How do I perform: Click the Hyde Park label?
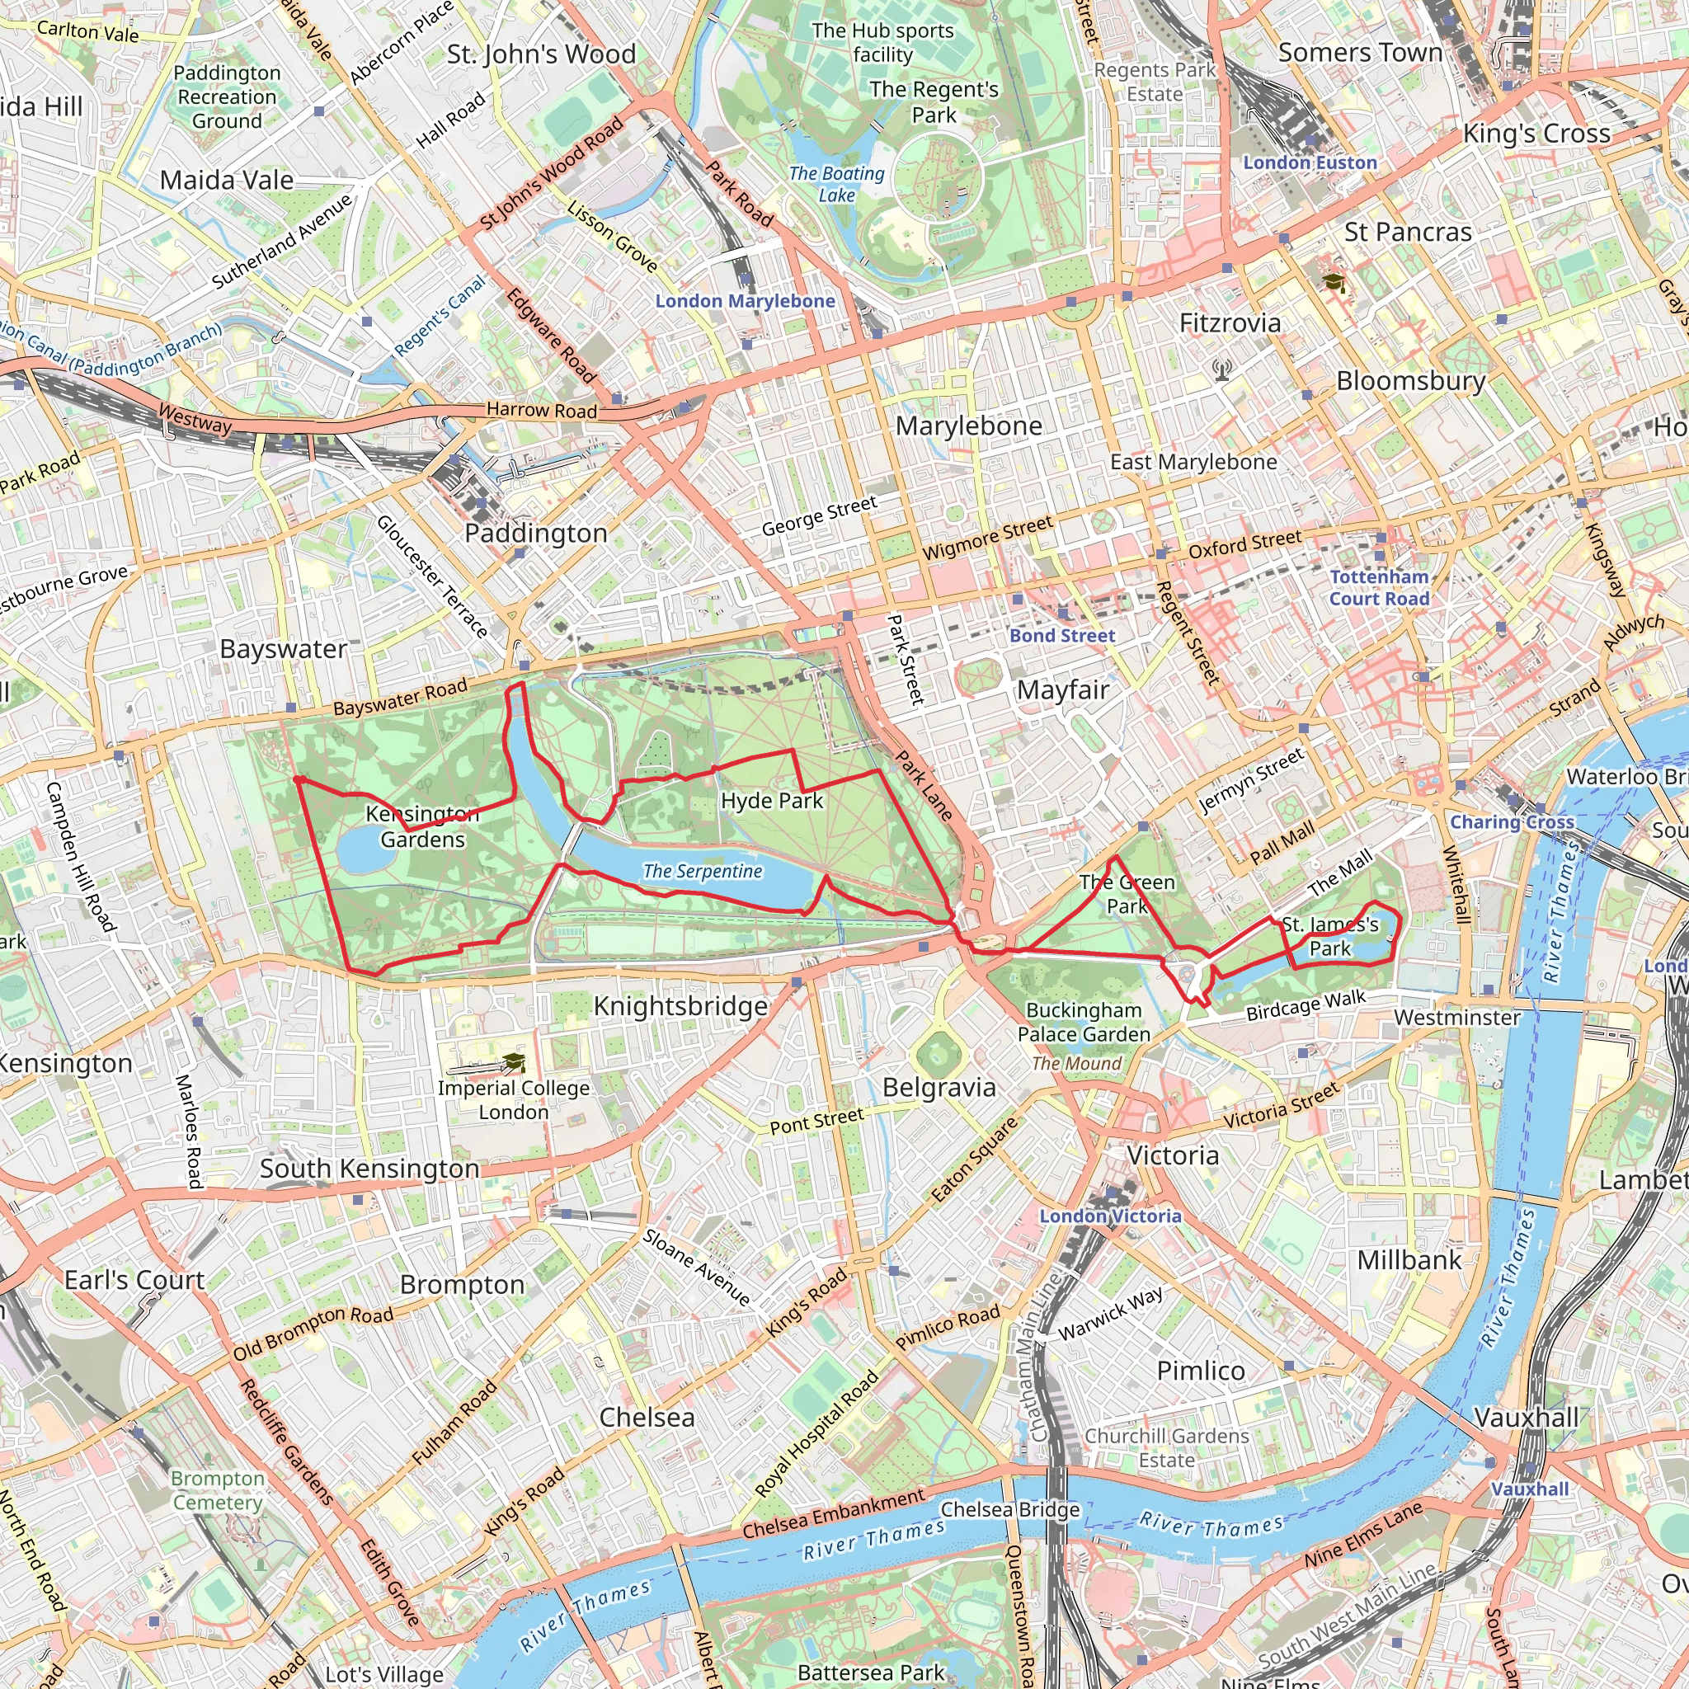coord(772,801)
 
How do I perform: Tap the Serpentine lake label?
coord(703,872)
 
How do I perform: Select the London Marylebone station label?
coord(745,302)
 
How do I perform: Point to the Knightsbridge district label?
coord(681,1006)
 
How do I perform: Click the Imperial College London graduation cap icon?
coord(514,1062)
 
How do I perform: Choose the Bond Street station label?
coord(1062,637)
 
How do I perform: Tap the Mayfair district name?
coord(1063,690)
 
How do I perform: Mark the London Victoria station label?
coord(1110,1216)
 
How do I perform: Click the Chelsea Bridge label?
coord(1010,1510)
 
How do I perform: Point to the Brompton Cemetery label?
coord(218,1490)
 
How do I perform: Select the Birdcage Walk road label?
coord(1306,1005)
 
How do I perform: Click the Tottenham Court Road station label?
coord(1380,588)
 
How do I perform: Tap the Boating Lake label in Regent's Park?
coord(836,185)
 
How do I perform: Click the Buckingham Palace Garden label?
coord(1084,1022)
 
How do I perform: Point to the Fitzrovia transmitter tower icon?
coord(1222,369)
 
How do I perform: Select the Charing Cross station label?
coord(1513,821)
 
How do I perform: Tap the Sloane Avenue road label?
coord(697,1268)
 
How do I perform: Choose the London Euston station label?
coord(1310,162)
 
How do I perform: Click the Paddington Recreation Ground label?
coord(228,97)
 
